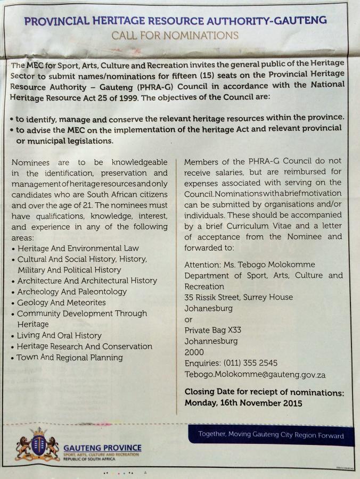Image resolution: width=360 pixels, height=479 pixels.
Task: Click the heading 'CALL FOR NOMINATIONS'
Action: click(175, 36)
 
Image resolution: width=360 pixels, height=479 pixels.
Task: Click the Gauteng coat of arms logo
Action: click(37, 445)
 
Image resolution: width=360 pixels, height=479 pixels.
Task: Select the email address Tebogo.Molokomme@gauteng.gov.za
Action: click(255, 375)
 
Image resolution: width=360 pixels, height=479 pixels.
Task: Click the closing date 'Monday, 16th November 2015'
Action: click(243, 403)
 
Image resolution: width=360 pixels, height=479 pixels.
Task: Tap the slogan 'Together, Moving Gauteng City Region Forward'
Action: click(271, 435)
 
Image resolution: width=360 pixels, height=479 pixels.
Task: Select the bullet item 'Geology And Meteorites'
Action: click(61, 302)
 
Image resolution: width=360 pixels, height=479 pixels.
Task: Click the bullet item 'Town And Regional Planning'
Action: click(69, 358)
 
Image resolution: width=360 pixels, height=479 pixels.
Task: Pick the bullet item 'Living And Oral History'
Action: click(59, 335)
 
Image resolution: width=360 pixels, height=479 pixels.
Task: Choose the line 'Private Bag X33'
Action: click(212, 330)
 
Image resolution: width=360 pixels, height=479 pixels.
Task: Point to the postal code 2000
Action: click(194, 352)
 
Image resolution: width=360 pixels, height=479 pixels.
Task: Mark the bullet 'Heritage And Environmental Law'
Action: click(78, 248)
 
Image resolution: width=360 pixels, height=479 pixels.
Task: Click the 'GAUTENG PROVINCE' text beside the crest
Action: click(102, 448)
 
